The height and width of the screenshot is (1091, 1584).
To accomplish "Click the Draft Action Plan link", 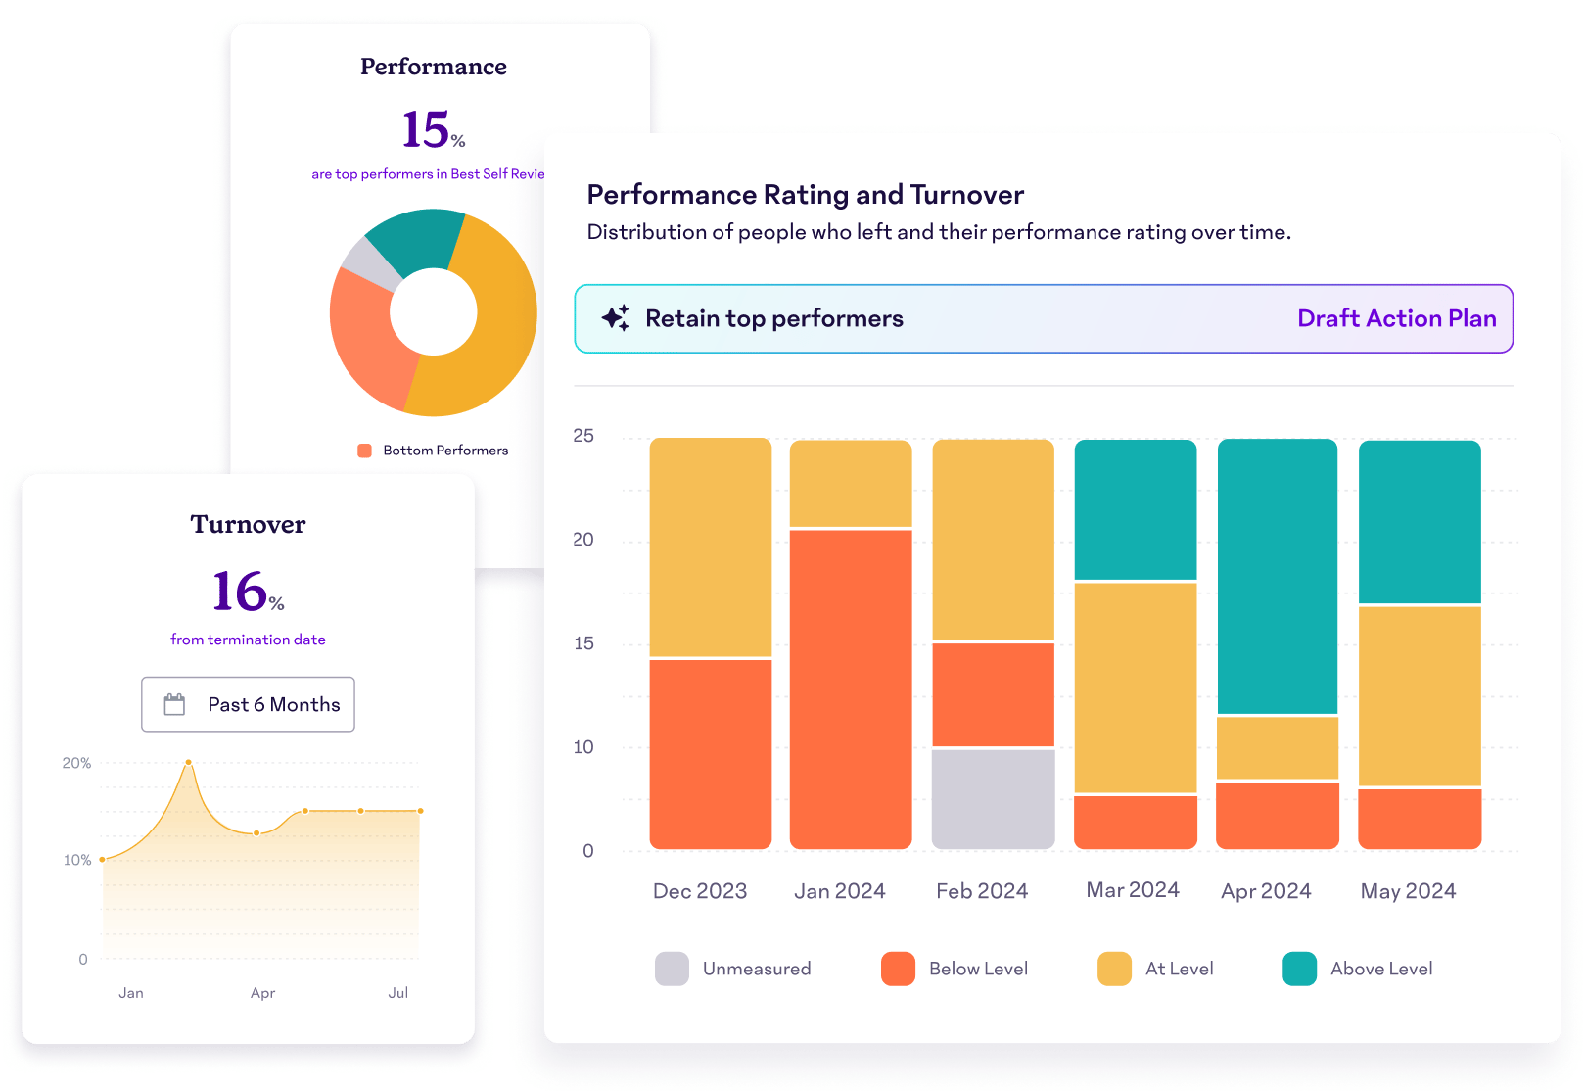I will coord(1396,318).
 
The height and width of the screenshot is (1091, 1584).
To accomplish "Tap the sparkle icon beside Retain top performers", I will coord(616,317).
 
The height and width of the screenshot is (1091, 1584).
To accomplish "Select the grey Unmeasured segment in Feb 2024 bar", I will coord(993,798).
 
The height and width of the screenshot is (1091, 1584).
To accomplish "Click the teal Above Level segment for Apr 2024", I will coord(1277,576).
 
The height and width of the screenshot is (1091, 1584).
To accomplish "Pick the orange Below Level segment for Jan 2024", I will coord(850,688).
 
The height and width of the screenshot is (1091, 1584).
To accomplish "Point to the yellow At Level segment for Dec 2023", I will coord(710,546).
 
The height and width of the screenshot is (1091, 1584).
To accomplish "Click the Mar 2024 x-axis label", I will coord(1133,890).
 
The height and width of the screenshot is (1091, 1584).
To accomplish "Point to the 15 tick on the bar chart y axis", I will coord(583,643).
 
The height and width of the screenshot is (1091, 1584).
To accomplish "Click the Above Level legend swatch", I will coord(1299,969).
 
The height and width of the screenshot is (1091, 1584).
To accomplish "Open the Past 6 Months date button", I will coord(248,704).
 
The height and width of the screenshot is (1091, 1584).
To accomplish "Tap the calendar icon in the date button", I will coord(174,704).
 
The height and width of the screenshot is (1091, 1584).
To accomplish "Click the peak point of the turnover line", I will coord(188,762).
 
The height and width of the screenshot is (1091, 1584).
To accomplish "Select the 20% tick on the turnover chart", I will coord(76,763).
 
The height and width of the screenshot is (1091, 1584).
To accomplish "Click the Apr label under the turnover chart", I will coord(262,993).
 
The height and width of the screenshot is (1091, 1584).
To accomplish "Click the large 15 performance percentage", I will coord(427,129).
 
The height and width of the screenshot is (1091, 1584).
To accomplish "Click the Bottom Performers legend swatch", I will coord(364,451).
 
